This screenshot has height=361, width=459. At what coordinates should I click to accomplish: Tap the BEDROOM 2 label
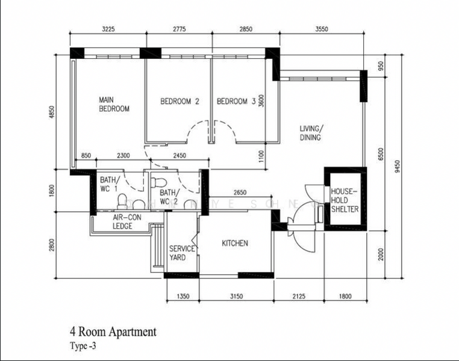(180, 102)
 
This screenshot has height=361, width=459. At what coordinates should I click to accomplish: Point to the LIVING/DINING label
(311, 133)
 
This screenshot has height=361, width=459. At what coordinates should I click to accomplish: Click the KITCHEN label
(235, 243)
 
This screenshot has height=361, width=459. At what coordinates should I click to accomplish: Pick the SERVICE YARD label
(181, 253)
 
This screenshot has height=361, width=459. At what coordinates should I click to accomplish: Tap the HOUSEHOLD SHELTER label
(345, 200)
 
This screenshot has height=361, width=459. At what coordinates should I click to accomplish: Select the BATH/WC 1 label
(110, 184)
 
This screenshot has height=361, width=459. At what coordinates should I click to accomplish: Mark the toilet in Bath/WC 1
(122, 201)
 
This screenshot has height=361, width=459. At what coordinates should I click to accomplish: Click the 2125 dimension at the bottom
(299, 295)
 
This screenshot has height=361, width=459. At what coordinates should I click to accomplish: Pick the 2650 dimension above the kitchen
(240, 193)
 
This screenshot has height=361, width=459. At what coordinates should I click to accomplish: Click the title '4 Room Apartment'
(113, 332)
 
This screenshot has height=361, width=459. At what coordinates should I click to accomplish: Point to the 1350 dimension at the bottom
(183, 295)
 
